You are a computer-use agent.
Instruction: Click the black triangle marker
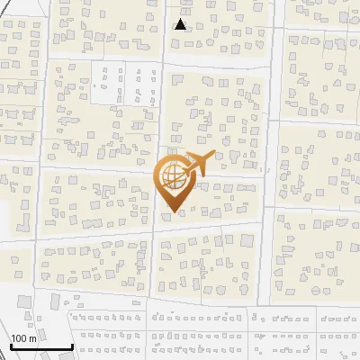point(181,24)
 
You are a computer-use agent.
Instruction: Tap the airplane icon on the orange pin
point(196,164)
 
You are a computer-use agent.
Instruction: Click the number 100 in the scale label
point(19,338)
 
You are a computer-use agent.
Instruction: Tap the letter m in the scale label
point(33,338)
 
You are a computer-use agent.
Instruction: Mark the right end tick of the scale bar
point(71,346)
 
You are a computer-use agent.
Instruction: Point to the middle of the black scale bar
point(40,347)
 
